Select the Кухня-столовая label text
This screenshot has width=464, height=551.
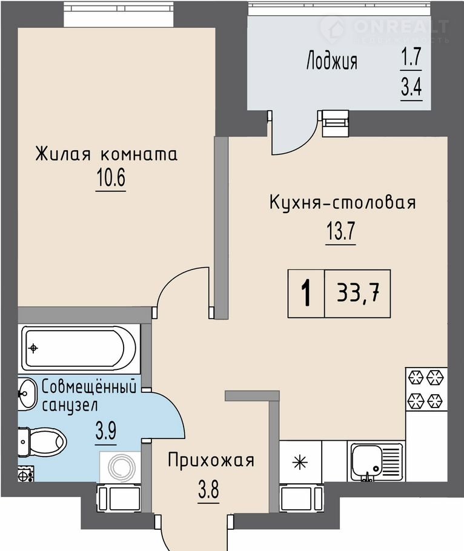[x=342, y=203]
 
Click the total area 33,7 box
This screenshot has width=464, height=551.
[x=358, y=294]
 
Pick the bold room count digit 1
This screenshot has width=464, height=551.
[x=307, y=294]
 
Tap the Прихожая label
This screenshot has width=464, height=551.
[x=211, y=460]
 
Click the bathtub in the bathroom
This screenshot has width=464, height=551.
[x=79, y=348]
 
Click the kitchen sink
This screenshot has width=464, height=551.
[x=376, y=462]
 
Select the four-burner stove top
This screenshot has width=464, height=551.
[x=426, y=389]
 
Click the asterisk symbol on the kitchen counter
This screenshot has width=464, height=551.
[x=300, y=462]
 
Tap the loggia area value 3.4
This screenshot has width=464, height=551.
[x=412, y=87]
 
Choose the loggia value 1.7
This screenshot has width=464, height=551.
[x=412, y=56]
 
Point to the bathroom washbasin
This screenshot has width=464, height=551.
[x=27, y=394]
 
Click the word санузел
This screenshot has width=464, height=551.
[x=70, y=406]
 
